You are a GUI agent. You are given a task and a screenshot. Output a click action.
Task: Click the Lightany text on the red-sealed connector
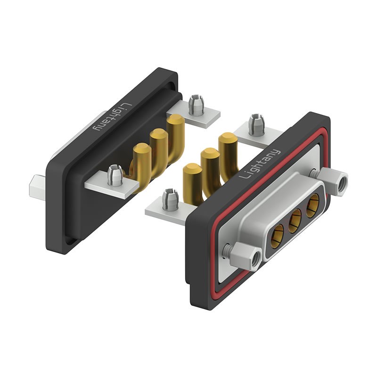(260, 164)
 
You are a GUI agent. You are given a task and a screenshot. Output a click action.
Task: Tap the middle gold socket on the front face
(295, 218)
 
